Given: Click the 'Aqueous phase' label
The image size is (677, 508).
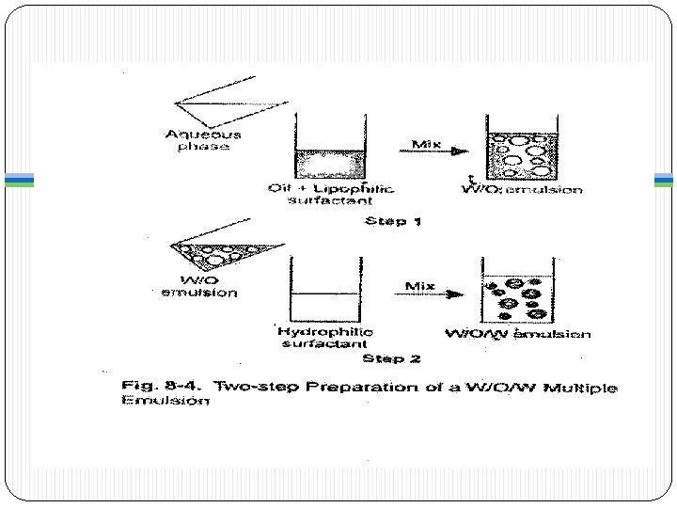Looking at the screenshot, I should [x=202, y=140].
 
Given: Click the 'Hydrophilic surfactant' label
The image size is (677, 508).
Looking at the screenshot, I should [x=324, y=337].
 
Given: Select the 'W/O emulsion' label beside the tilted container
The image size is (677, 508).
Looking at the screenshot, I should [x=199, y=285].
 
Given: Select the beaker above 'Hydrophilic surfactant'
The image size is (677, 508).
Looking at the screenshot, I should [x=324, y=291].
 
